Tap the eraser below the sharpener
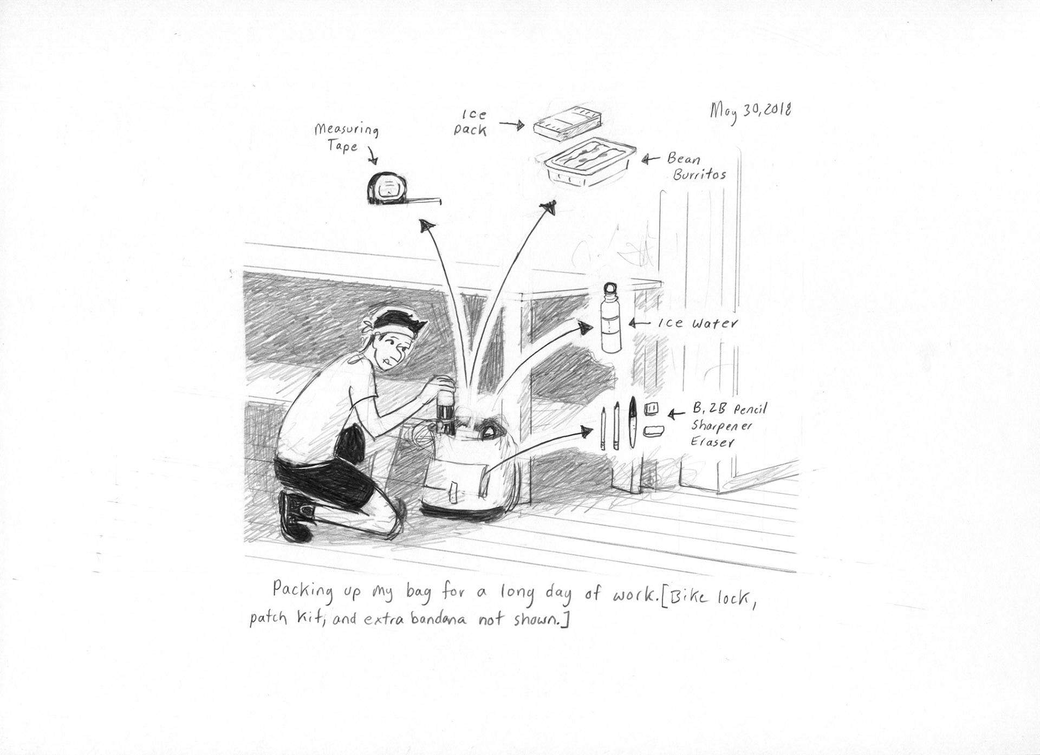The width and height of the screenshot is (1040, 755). coord(652,431)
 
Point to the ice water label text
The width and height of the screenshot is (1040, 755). coord(697,324)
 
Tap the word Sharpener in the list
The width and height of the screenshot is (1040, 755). coord(720,427)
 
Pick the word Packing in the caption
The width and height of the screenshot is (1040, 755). coord(303,590)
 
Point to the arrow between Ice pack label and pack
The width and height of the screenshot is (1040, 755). coord(511,125)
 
